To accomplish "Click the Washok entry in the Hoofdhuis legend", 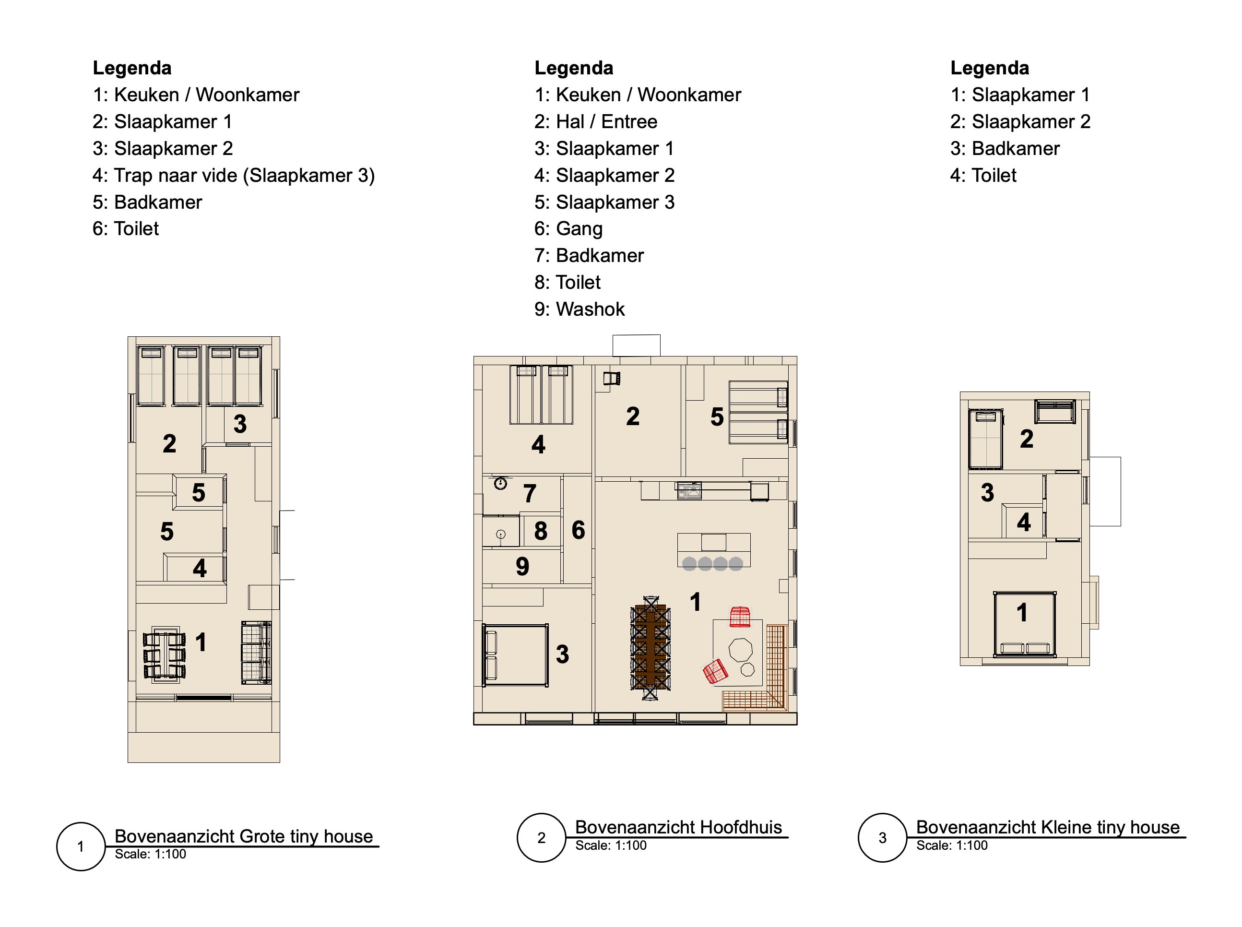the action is click(x=579, y=309).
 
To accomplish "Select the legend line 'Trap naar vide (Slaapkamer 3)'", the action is click(x=233, y=176).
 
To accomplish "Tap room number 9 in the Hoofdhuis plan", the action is click(x=522, y=566).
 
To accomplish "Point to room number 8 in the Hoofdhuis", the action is click(x=540, y=531).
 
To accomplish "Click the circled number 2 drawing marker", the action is click(x=541, y=838).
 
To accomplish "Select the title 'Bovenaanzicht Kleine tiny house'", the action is click(x=1048, y=827).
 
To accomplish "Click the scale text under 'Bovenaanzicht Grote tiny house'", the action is click(x=150, y=854).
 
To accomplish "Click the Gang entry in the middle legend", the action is click(x=568, y=229).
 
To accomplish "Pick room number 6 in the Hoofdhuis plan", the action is click(x=579, y=530).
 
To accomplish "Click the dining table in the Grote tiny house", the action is click(x=165, y=655).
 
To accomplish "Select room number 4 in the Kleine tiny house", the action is click(x=1024, y=523).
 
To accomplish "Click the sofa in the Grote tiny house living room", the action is click(x=256, y=652).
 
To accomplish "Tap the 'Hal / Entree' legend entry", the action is click(x=596, y=122).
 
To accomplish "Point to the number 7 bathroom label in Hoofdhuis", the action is click(x=530, y=494).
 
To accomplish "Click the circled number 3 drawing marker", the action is click(x=882, y=838).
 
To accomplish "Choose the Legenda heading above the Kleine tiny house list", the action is click(x=990, y=68).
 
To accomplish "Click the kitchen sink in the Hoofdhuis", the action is click(x=689, y=490).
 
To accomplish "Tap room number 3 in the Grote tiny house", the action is click(x=240, y=424).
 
